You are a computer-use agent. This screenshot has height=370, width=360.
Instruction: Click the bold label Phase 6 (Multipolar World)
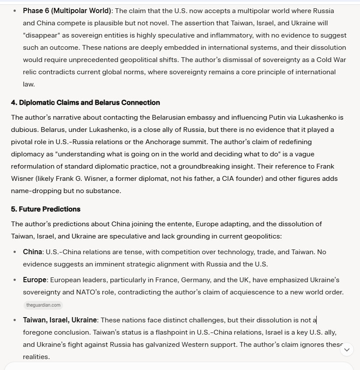coord(67,10)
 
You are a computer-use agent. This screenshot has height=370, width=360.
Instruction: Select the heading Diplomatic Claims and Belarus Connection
coord(85,103)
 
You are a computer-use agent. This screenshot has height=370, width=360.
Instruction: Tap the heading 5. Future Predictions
coord(45,209)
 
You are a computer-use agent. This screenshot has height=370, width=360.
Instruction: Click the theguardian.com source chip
coord(43,305)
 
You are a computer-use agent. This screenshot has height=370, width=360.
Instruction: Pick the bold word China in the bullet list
coord(33,252)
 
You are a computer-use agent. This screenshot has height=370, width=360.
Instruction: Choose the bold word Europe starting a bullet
coord(35,280)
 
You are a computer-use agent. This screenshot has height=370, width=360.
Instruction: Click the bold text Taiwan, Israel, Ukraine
coord(60,320)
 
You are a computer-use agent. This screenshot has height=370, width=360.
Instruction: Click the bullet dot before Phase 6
coord(15,10)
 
